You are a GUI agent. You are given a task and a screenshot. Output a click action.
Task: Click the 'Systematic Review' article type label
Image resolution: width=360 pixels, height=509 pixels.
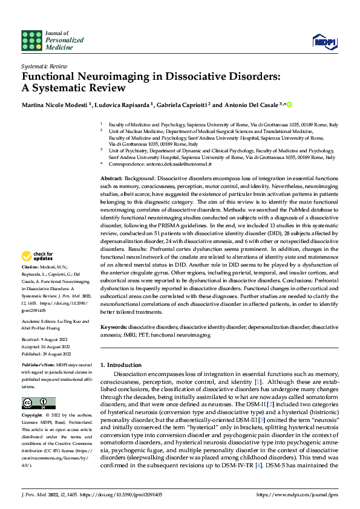click(44, 65)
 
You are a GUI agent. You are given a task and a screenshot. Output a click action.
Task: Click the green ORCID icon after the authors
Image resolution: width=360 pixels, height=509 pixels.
click(289, 105)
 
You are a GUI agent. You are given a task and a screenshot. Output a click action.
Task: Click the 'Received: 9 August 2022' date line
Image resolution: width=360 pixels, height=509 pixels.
click(44, 340)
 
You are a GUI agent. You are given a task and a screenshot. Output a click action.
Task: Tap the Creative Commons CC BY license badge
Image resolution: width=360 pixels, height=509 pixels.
click(38, 403)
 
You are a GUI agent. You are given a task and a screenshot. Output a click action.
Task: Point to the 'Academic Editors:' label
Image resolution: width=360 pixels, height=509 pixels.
click(38, 322)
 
